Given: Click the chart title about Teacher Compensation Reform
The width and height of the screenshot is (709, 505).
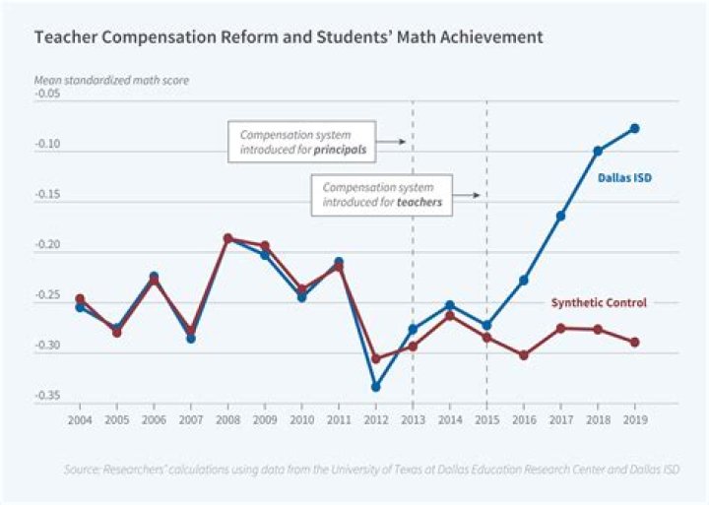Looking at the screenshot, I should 288,37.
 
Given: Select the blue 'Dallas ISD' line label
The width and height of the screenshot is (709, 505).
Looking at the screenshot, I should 625,178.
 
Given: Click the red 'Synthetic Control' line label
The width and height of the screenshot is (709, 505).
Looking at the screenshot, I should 597,303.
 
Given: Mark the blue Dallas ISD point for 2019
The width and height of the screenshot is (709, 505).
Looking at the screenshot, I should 635,128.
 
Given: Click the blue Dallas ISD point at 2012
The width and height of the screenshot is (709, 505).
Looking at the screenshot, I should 375,387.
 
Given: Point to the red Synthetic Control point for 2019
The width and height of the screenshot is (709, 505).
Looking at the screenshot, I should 635,343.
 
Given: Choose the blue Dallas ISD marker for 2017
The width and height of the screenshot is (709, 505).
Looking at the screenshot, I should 560,216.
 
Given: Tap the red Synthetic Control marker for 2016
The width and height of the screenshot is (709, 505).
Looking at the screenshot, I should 524,354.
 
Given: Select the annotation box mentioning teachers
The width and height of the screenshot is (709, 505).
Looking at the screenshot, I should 381,195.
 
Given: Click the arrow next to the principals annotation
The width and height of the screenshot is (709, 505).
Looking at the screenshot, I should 392,142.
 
